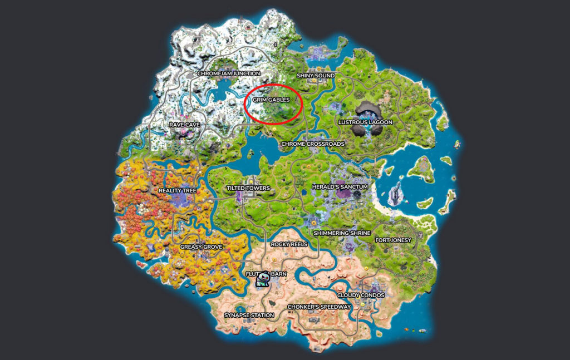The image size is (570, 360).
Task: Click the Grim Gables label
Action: click(271, 100)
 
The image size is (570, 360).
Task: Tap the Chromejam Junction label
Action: click(228, 73)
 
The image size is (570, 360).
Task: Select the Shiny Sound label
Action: click(316, 76)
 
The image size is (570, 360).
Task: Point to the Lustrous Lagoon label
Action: click(365, 122)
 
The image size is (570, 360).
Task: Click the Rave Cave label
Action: click(184, 125)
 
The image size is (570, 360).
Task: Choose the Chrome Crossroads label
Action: click(312, 144)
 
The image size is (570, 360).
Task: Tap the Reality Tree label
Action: click(178, 190)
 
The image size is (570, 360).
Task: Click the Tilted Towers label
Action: click(248, 188)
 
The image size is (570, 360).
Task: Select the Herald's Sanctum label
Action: click(340, 187)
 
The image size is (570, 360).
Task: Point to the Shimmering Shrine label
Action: click(342, 233)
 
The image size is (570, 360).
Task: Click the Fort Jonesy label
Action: click(393, 240)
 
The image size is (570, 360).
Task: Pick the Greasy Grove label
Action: click(201, 246)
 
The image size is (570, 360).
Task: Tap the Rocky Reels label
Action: click(289, 244)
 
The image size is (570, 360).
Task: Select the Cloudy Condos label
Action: click(360, 295)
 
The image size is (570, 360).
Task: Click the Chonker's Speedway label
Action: click(319, 307)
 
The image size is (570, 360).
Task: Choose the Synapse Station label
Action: click(249, 315)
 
